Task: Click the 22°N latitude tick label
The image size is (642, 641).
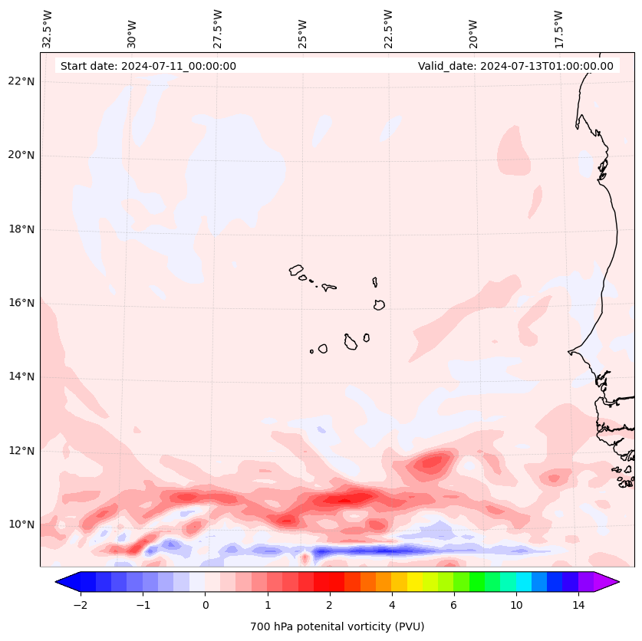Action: pos(20,82)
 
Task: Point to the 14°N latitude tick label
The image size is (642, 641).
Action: pos(20,376)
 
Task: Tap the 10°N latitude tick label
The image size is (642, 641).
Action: pos(20,524)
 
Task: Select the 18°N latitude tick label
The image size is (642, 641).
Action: pos(20,229)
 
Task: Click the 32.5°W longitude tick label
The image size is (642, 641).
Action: pos(48,28)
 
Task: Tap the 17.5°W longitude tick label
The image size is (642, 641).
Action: pos(558,28)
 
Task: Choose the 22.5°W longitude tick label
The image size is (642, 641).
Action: pos(388,28)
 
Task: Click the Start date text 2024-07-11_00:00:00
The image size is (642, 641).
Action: pos(148,66)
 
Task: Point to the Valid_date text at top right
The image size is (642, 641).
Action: pos(515,66)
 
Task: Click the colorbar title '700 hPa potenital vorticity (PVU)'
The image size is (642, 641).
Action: pos(337,626)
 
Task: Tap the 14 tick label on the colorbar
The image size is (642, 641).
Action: pos(578,605)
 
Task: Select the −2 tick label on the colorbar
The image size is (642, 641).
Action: pos(80,605)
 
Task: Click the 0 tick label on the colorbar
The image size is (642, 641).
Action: pos(205,605)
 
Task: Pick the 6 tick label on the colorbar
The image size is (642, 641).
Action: pos(453,605)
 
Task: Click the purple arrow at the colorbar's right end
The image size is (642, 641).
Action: pos(607,582)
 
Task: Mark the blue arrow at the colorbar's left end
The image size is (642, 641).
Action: pos(67,582)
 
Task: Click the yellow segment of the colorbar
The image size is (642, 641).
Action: pos(415,582)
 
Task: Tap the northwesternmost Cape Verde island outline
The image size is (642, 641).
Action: pos(296,270)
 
